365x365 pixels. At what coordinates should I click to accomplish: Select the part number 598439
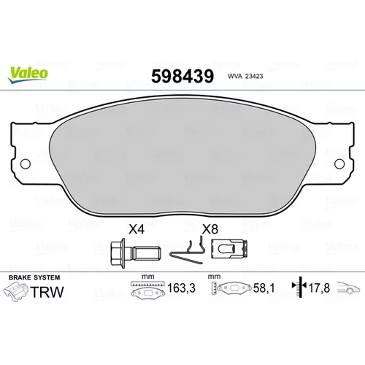[x=182, y=76]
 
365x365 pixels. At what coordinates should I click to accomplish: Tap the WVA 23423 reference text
[x=245, y=76]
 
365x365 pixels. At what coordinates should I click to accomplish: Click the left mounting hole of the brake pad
[x=26, y=164]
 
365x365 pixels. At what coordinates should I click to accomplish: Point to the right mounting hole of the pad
[x=339, y=164]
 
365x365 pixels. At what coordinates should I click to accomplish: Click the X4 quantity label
[x=137, y=229]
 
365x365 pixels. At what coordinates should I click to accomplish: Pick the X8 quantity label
[x=210, y=229]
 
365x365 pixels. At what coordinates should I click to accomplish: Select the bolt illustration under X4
[x=136, y=253]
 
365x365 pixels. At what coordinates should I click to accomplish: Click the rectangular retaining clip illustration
[x=229, y=249]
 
